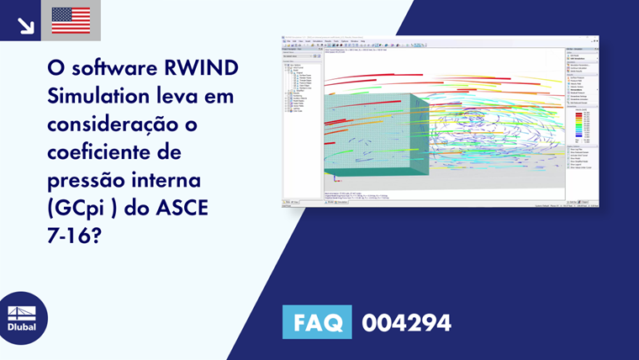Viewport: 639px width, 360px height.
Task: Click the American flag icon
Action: pos(71,20)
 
